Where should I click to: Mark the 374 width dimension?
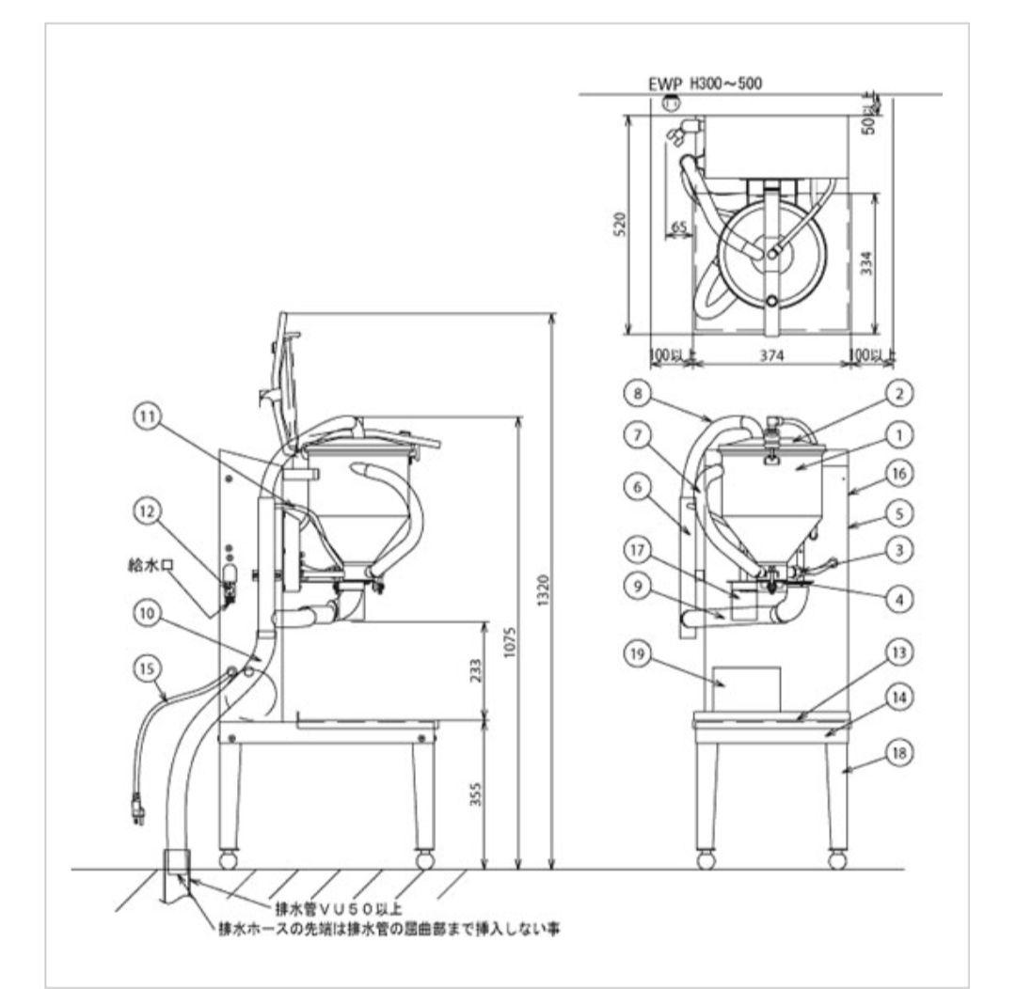pos(772,357)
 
